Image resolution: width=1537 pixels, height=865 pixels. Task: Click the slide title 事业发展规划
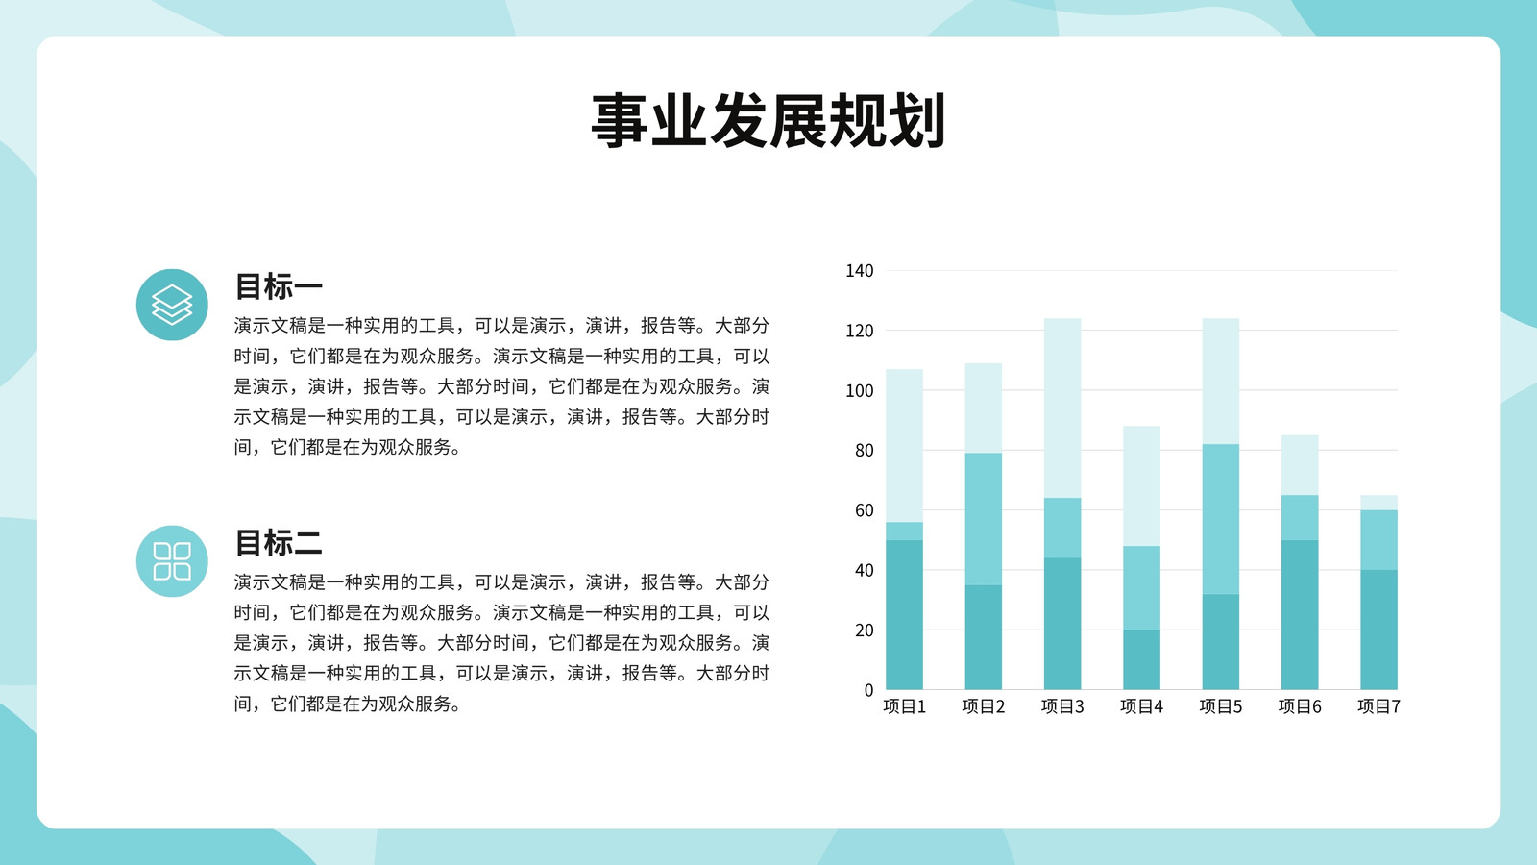(768, 121)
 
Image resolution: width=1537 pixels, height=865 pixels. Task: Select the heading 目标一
(278, 286)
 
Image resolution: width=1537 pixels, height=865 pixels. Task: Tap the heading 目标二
(278, 542)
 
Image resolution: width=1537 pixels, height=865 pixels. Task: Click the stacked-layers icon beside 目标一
(172, 305)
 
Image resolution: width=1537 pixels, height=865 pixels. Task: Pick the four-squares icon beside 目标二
(172, 561)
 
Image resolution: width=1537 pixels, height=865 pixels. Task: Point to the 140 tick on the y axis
(859, 270)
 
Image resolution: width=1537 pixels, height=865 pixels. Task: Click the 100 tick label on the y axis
(859, 390)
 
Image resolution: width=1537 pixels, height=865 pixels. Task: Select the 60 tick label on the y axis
(864, 510)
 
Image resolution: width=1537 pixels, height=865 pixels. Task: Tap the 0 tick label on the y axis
(868, 690)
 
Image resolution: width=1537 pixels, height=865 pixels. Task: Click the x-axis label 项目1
(904, 706)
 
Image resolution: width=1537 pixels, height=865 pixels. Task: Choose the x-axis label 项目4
(1142, 706)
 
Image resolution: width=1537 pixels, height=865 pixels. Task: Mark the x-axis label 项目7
(1379, 706)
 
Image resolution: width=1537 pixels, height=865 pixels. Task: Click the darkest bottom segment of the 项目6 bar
(1300, 614)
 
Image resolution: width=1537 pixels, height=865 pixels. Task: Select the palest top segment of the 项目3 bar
(1062, 408)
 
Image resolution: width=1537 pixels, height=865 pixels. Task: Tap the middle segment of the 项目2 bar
(984, 518)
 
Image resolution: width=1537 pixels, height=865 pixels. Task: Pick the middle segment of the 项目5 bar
(1221, 518)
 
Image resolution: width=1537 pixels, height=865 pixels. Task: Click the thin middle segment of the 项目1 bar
(904, 531)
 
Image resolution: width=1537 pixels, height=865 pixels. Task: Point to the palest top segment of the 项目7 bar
(1379, 503)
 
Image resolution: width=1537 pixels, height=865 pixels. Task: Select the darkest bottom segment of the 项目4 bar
(1142, 659)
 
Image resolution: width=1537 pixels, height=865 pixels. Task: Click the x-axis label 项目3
(1062, 706)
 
